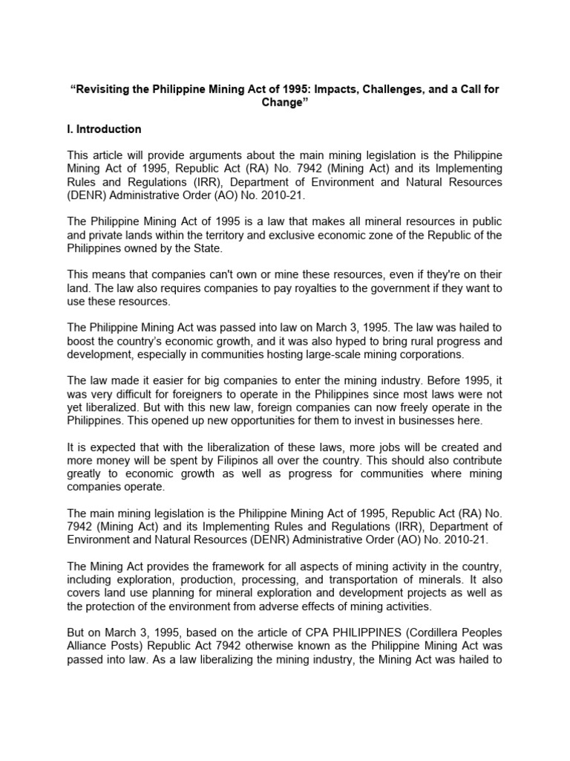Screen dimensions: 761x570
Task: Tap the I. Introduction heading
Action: pos(104,129)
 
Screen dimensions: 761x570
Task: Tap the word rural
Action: pos(423,342)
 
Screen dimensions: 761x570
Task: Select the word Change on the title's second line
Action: pos(284,103)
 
